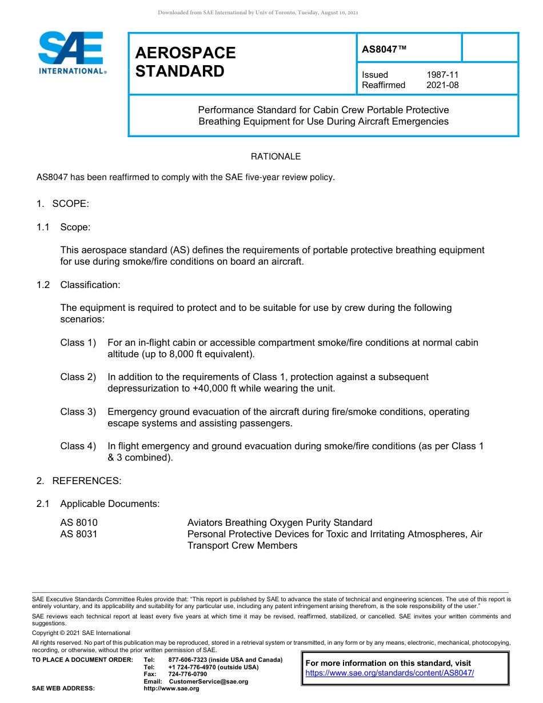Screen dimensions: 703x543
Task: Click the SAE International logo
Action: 71,53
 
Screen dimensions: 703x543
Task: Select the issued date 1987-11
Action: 442,75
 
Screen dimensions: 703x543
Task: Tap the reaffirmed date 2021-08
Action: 442,85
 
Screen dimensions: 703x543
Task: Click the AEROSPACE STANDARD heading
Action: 185,62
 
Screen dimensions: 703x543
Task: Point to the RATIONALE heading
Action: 276,157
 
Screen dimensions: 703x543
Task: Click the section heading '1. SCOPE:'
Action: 63,204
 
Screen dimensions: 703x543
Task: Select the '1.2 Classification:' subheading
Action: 78,285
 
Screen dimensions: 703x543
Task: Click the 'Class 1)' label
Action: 78,342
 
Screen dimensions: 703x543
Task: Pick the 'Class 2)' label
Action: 78,377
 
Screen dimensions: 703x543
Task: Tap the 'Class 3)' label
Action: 78,412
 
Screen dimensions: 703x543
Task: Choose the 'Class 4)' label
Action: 78,446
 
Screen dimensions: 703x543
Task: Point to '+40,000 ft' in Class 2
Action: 191,388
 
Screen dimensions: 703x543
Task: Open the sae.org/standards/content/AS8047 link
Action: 390,673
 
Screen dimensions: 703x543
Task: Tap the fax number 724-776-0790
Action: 187,674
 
